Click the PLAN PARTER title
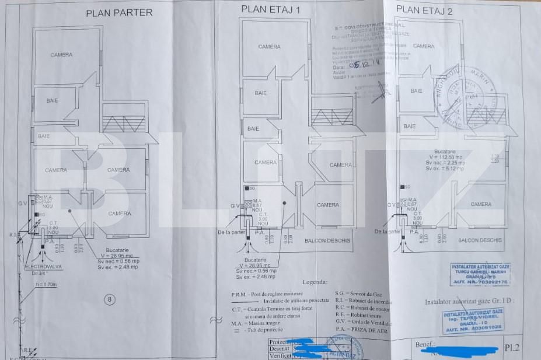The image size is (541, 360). [x=119, y=12]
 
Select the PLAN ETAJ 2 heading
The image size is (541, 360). [x=424, y=9]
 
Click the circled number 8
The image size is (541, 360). [x=108, y=300]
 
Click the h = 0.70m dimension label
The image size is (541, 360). [x=47, y=285]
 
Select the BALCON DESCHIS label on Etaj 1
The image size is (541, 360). [x=328, y=240]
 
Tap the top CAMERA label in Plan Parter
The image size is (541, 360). [x=61, y=55]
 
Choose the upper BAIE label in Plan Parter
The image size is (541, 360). [x=53, y=101]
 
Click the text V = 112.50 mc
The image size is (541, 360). [x=445, y=157]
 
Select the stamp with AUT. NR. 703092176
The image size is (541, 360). [x=480, y=274]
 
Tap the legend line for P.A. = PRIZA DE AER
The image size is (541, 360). [x=361, y=330]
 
